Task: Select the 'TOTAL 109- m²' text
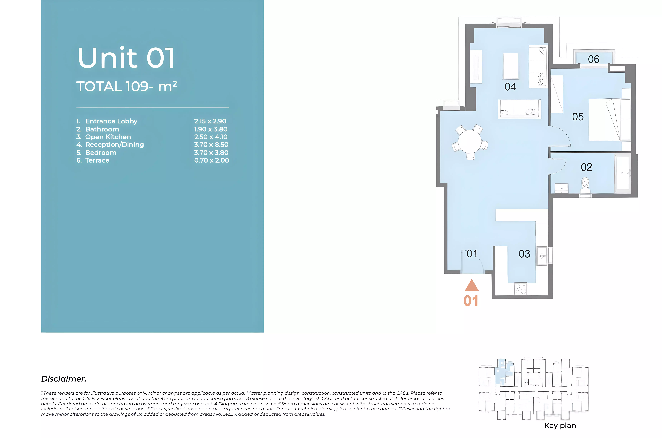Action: [x=127, y=86]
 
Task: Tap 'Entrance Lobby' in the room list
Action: [x=111, y=121]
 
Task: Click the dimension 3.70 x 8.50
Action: [x=211, y=145]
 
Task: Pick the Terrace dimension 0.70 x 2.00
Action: [x=211, y=160]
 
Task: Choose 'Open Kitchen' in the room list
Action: [x=108, y=137]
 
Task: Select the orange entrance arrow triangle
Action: [x=472, y=285]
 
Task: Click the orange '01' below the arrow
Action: [x=471, y=301]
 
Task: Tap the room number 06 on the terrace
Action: [x=593, y=59]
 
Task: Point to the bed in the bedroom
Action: [x=610, y=120]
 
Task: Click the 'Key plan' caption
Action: [x=560, y=425]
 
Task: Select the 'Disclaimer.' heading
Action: [x=64, y=379]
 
